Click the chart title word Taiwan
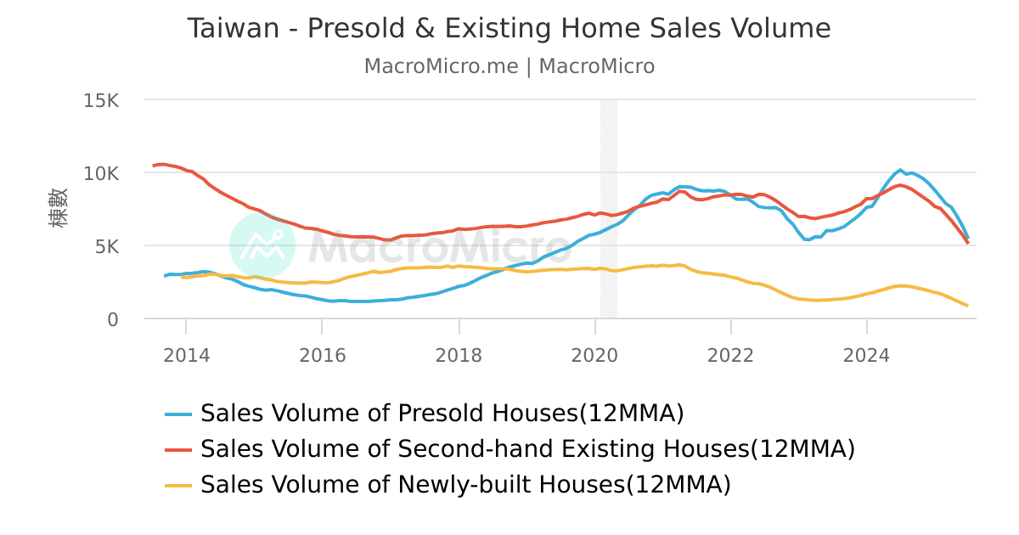pyautogui.click(x=233, y=29)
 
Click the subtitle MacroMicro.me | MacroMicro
pyautogui.click(x=509, y=66)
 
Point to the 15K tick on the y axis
pyautogui.click(x=101, y=100)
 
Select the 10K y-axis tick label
pyautogui.click(x=101, y=173)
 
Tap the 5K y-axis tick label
pyautogui.click(x=107, y=246)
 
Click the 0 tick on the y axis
pyautogui.click(x=113, y=319)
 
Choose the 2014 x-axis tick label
pyautogui.click(x=186, y=355)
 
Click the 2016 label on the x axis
pyautogui.click(x=322, y=355)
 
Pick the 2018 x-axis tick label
pyautogui.click(x=459, y=355)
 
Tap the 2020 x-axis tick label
pyautogui.click(x=594, y=355)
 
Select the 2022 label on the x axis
pyautogui.click(x=730, y=355)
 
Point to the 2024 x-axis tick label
pyautogui.click(x=867, y=355)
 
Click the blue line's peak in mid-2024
pyautogui.click(x=900, y=170)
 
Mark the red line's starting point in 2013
pyautogui.click(x=154, y=166)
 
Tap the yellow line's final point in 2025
pyautogui.click(x=967, y=306)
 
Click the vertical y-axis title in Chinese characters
pyautogui.click(x=59, y=209)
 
